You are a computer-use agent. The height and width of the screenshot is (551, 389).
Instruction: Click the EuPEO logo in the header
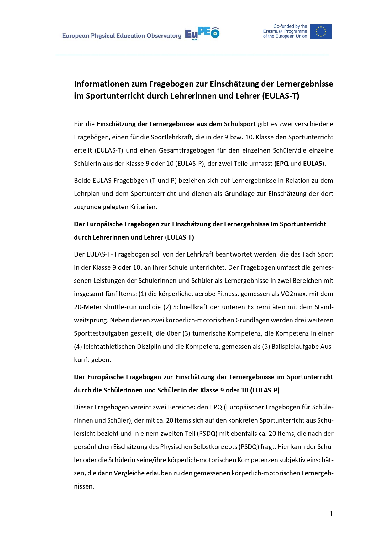tap(202, 33)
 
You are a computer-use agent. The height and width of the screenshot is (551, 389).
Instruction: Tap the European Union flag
tap(321, 31)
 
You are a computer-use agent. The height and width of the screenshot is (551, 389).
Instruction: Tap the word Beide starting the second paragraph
tap(82, 181)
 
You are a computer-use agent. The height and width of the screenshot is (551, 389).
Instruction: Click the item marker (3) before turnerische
tap(186, 333)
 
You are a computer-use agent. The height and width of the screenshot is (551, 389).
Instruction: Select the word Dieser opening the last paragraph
tap(83, 407)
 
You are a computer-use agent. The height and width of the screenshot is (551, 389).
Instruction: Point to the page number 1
tap(331, 514)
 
